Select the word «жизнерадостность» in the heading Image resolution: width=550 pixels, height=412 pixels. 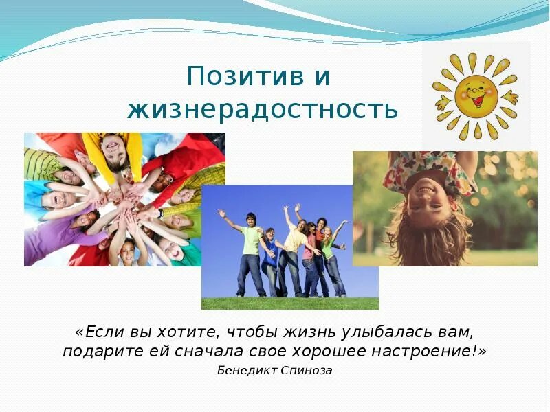click(x=263, y=108)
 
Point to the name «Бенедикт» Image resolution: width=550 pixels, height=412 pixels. click(x=247, y=370)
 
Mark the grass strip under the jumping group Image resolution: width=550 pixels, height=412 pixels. click(x=289, y=303)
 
